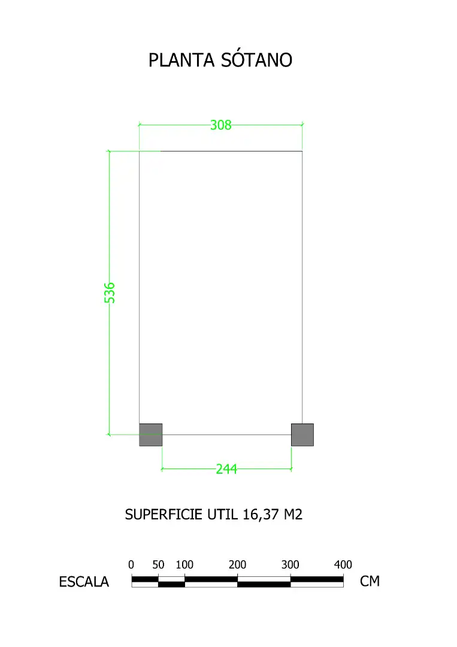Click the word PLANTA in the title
[x=181, y=61]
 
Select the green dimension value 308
[x=220, y=125]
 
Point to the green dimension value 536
[x=110, y=293]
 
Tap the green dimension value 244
[x=226, y=469]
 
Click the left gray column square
[x=150, y=435]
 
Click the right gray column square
[x=302, y=435]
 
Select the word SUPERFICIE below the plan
[x=164, y=515]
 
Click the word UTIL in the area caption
[x=222, y=515]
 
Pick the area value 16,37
[x=261, y=515]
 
